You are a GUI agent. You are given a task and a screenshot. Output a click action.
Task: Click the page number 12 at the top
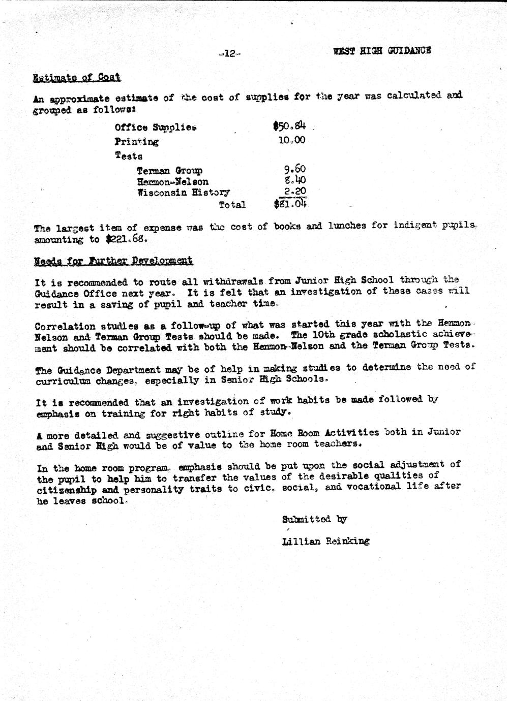(x=229, y=53)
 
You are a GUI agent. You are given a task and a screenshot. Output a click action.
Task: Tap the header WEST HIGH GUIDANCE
(x=382, y=51)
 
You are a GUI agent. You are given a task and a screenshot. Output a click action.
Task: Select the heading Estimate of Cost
(x=76, y=78)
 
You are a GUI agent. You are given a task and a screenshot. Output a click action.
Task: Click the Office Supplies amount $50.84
(x=289, y=125)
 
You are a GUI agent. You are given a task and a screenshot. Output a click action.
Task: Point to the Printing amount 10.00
(x=291, y=140)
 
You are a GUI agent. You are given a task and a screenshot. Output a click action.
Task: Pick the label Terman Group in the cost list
(x=169, y=171)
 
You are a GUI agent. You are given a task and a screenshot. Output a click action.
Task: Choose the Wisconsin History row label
(x=184, y=193)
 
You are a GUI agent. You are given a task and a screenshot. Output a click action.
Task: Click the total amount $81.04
(x=290, y=204)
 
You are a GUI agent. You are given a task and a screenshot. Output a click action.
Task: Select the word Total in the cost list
(x=232, y=205)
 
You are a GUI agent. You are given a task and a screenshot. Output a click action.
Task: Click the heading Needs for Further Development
(x=113, y=261)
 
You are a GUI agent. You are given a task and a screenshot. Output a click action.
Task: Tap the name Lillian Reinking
(x=325, y=541)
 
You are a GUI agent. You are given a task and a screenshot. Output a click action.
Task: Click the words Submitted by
(x=314, y=519)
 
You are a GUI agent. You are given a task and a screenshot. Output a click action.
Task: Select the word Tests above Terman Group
(x=128, y=156)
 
